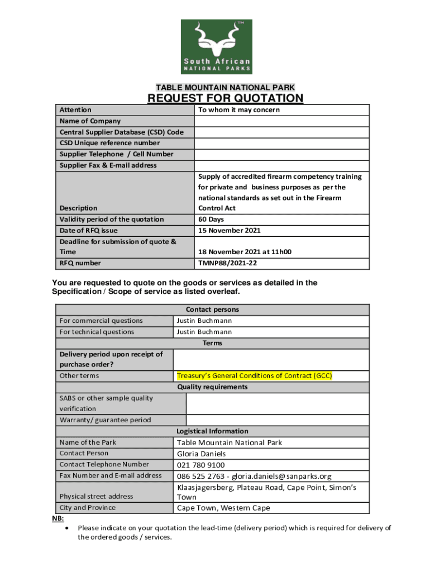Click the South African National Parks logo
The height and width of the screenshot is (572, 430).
click(x=216, y=46)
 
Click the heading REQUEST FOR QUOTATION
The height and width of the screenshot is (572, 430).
click(x=225, y=99)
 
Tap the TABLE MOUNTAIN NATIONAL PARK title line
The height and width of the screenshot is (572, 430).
click(x=225, y=87)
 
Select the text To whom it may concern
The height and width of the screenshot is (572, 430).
click(x=239, y=110)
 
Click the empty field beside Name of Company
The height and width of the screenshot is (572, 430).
click(x=281, y=121)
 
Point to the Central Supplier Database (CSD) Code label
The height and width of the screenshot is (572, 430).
click(x=121, y=132)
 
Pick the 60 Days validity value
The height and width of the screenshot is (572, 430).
click(x=211, y=220)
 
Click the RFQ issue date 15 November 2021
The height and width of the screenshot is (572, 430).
click(x=230, y=231)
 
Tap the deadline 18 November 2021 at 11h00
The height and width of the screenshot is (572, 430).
click(x=245, y=252)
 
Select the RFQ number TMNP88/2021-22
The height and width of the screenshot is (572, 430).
click(x=228, y=263)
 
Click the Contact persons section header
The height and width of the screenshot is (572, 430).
click(x=212, y=309)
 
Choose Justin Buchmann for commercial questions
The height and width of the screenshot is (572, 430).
click(x=204, y=321)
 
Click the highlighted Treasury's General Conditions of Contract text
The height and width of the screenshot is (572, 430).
click(x=254, y=376)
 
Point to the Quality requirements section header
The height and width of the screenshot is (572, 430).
click(x=212, y=387)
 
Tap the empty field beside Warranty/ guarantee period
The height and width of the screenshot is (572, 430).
click(x=277, y=420)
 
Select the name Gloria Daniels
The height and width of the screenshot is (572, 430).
click(x=202, y=454)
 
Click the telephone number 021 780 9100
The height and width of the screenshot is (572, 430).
click(x=201, y=465)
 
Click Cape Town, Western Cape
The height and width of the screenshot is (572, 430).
click(x=223, y=508)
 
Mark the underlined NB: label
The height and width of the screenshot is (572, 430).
click(x=58, y=518)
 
